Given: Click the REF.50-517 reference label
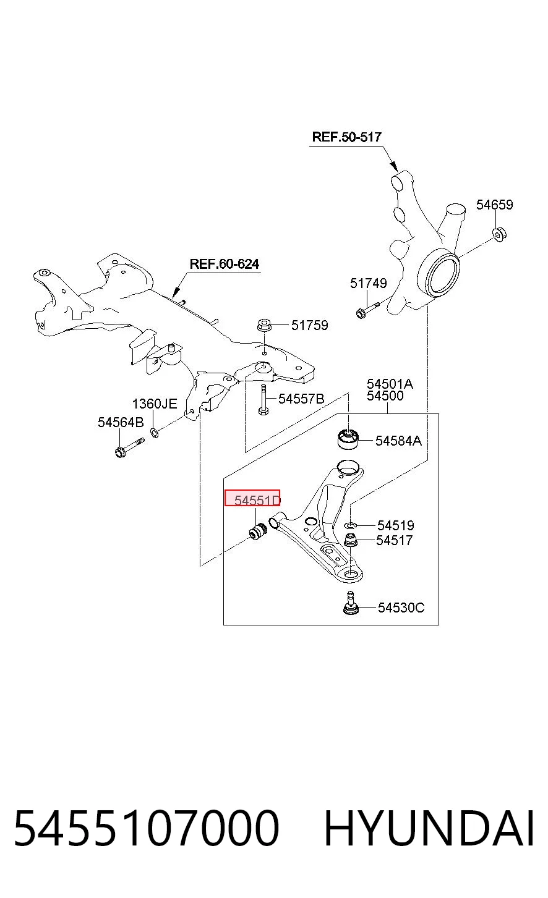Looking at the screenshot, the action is [x=346, y=137].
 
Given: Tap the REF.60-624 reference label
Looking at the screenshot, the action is [x=225, y=264].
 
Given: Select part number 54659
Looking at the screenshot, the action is [x=495, y=205].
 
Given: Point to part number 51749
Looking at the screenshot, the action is [x=368, y=284].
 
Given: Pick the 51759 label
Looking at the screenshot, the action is [x=309, y=325].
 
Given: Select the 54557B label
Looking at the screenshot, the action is [x=301, y=399].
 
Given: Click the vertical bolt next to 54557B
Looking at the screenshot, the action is [x=263, y=400].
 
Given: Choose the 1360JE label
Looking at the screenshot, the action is [x=155, y=404].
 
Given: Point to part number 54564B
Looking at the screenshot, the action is [x=121, y=422].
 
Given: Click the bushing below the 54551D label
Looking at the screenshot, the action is [x=257, y=530].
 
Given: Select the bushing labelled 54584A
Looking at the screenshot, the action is [x=348, y=439].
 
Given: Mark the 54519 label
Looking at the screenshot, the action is [x=396, y=525].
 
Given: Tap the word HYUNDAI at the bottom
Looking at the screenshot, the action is [x=429, y=828].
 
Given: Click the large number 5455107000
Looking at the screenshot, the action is [x=147, y=828].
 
